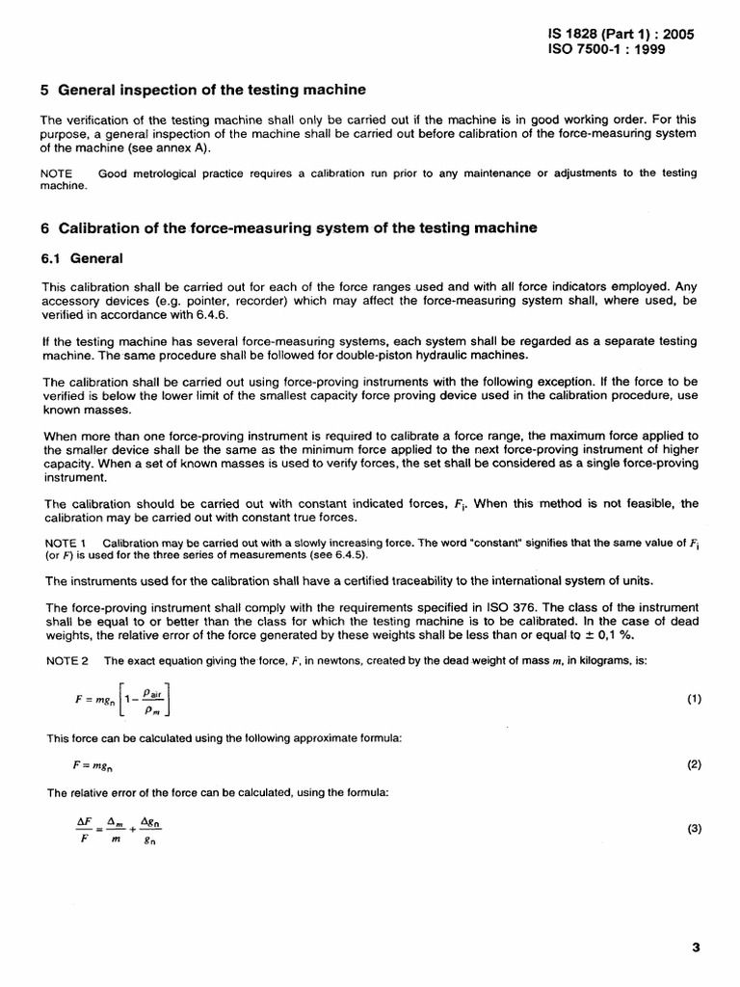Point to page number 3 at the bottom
coord(696,947)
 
